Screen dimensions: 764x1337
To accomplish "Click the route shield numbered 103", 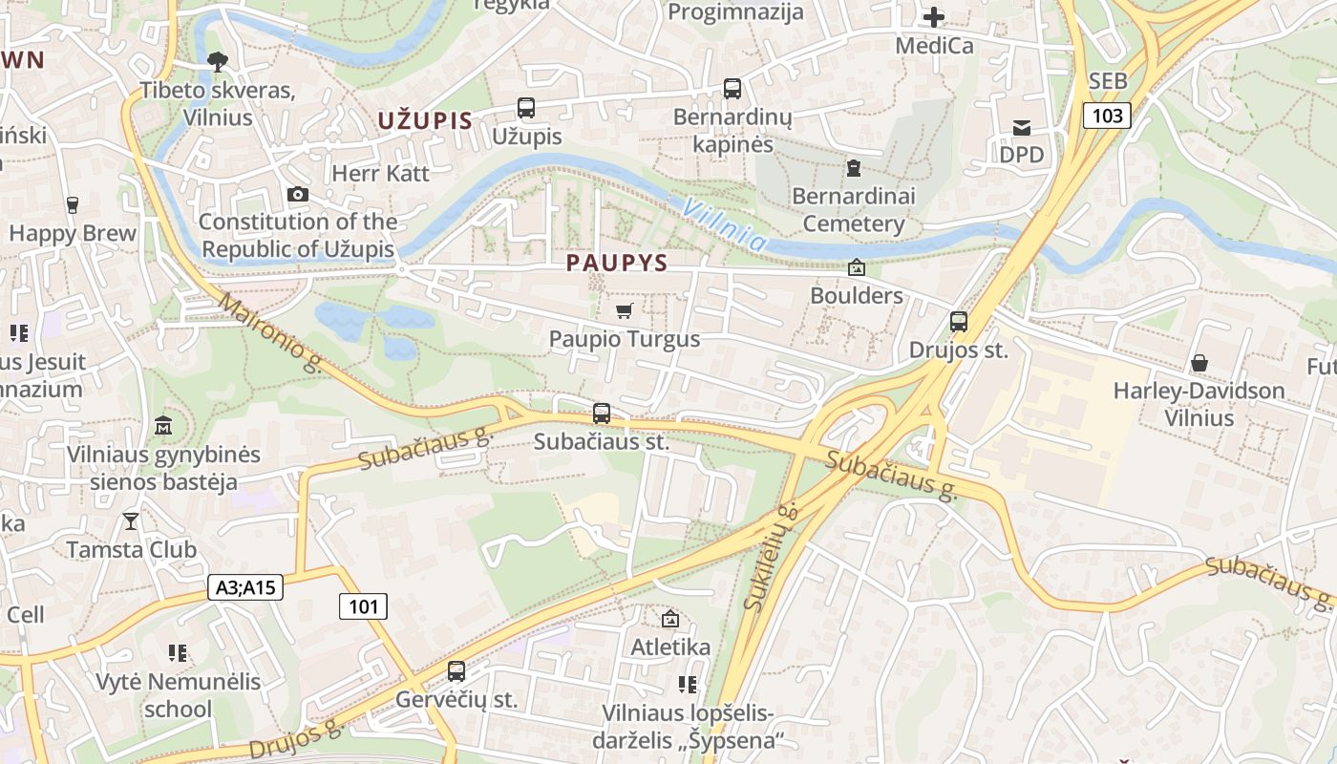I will pos(1107,116).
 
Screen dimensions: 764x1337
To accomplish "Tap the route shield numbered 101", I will pos(364,605).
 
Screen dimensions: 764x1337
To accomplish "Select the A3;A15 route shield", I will pos(245,586).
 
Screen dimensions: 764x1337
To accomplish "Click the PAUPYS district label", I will pos(616,263).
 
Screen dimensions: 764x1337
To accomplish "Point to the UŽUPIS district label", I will pos(425,120).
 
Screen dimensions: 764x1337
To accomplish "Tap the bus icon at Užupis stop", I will pos(526,108).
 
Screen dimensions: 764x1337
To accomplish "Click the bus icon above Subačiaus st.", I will pos(602,414).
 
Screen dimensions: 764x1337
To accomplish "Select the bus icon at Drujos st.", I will pos(959,322).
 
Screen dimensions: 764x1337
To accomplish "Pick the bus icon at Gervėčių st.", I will pos(456,671).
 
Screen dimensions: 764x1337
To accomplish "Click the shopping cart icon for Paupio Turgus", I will pos(624,310).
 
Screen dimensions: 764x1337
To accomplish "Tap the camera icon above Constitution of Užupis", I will pos(298,195).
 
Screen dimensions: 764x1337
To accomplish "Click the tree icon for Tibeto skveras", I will pos(218,62).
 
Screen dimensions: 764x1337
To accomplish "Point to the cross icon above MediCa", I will pos(934,16).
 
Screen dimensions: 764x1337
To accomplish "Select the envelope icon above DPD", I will pos(1022,127).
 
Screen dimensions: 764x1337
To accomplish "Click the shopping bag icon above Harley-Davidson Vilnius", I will pos(1199,363).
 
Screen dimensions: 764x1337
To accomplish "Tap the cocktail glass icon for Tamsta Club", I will pos(131,520).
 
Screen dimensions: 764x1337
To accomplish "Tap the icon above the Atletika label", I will pos(670,619).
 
